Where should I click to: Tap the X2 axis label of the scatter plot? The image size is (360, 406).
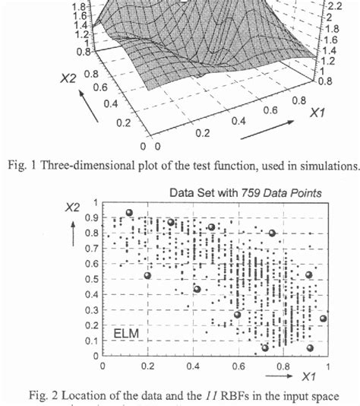point(74,206)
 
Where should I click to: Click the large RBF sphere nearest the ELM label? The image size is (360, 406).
point(147,275)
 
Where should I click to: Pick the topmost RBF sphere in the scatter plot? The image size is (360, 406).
point(129,213)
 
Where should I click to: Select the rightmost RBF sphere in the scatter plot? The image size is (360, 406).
point(324,319)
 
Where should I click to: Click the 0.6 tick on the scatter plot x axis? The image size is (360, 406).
point(238,366)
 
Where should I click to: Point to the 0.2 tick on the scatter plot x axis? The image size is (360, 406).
point(147,366)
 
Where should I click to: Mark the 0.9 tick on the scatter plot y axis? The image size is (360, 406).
point(92,217)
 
